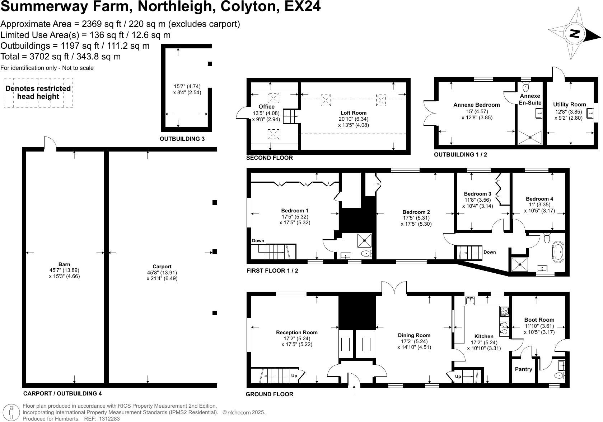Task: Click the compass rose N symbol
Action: point(575,33)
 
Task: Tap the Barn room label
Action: point(65,265)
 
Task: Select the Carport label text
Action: point(162,267)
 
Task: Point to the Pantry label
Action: point(523,369)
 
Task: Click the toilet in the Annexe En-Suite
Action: point(526,86)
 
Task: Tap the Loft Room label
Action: point(353,113)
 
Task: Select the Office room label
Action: point(266,107)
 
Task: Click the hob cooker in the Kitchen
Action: point(504,312)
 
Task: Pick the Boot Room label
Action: point(539,320)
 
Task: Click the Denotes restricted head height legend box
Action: point(38,93)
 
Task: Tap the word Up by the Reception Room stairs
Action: point(294,376)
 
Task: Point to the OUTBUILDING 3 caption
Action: point(182,139)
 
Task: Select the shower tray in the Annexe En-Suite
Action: point(530,137)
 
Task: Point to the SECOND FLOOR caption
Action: point(269,158)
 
